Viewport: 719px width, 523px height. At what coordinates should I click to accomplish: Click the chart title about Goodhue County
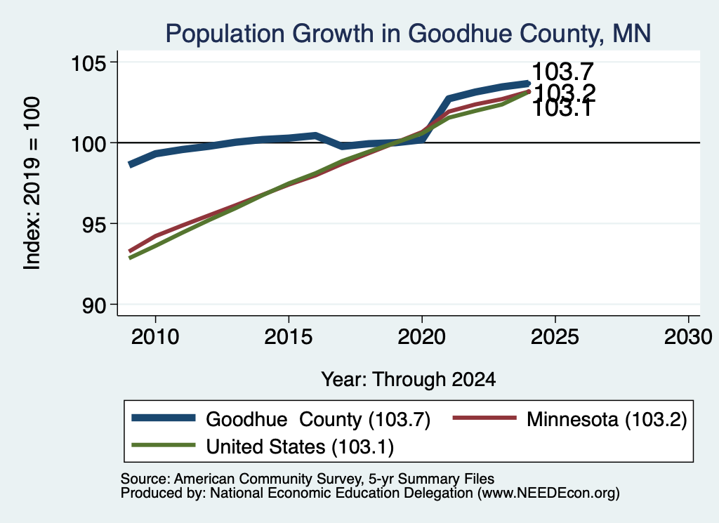pyautogui.click(x=408, y=34)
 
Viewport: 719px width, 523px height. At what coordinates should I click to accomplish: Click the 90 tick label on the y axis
pyautogui.click(x=93, y=306)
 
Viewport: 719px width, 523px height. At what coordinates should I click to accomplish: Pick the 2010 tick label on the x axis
pyautogui.click(x=155, y=338)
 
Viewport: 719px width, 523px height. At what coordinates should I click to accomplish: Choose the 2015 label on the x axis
pyautogui.click(x=289, y=338)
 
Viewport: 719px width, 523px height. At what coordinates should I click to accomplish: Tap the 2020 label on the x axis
pyautogui.click(x=421, y=338)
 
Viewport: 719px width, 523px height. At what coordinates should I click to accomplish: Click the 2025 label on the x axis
pyautogui.click(x=555, y=338)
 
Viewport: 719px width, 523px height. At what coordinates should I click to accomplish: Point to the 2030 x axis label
pyautogui.click(x=688, y=338)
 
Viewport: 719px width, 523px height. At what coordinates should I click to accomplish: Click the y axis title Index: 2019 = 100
pyautogui.click(x=32, y=183)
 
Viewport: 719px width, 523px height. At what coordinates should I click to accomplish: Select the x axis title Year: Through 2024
pyautogui.click(x=408, y=380)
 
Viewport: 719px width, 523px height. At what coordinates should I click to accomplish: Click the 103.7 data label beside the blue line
pyautogui.click(x=562, y=72)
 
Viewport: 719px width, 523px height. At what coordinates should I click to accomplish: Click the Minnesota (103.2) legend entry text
pyautogui.click(x=607, y=419)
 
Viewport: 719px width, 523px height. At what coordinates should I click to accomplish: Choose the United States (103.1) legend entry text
pyautogui.click(x=300, y=447)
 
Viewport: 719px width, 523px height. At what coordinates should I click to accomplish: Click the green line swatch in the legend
pyautogui.click(x=163, y=445)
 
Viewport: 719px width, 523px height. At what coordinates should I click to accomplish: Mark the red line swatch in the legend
pyautogui.click(x=484, y=418)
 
